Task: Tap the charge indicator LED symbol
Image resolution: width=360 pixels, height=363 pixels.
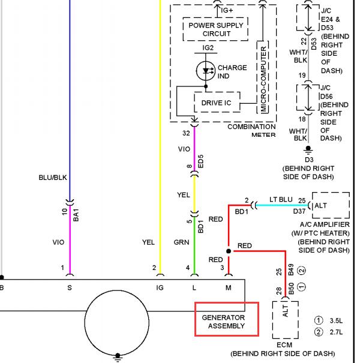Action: click(206, 71)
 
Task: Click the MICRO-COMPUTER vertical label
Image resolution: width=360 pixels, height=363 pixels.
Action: click(263, 79)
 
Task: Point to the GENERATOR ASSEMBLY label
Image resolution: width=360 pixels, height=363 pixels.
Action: click(223, 322)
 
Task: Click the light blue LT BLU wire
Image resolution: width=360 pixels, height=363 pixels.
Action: click(282, 205)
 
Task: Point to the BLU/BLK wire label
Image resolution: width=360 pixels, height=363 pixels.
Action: click(53, 178)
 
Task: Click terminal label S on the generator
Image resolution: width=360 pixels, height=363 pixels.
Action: click(70, 288)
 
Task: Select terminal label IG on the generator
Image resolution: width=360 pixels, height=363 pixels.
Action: click(160, 288)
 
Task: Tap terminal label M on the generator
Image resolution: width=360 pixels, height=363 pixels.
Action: click(228, 288)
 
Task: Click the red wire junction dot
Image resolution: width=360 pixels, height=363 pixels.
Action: click(229, 251)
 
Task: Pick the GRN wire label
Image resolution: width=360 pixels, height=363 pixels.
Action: click(182, 242)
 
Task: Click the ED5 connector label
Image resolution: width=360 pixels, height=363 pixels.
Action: click(200, 161)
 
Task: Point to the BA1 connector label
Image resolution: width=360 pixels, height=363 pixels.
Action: click(76, 215)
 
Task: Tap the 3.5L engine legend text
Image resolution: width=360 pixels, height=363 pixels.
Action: click(336, 321)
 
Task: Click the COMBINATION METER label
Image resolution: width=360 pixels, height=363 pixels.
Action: click(251, 131)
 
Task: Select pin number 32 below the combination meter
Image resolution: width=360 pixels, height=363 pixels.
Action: click(186, 133)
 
